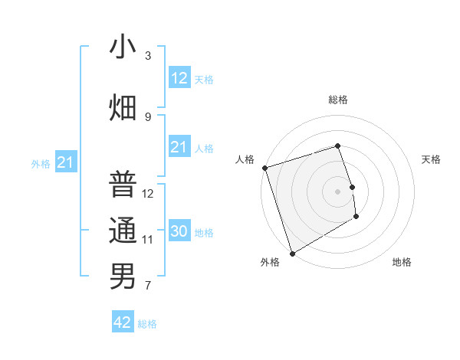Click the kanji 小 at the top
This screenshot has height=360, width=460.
point(123,47)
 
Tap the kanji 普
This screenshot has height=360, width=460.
point(123,184)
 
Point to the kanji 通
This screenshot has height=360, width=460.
point(123,230)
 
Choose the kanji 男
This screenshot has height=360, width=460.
point(123,276)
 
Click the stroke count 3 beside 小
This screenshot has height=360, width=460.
point(148,55)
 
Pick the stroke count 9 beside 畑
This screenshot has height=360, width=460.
point(148,116)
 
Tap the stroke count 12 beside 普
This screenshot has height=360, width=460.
point(148,193)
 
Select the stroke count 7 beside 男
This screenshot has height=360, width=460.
point(148,286)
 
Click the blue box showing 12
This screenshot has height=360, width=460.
point(179,78)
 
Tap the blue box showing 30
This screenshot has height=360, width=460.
point(179,231)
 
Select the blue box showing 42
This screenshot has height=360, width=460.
point(123,322)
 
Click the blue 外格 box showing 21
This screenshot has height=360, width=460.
point(66,162)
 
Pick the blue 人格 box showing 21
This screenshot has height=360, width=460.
point(179,147)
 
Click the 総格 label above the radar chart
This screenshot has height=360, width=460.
point(338,100)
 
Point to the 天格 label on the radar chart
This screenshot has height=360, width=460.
point(432,159)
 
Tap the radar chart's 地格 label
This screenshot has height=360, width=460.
point(402,262)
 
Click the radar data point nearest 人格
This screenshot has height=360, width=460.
point(264,168)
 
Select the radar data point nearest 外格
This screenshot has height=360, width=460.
point(291,253)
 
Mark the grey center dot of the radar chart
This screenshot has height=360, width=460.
point(338,191)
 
